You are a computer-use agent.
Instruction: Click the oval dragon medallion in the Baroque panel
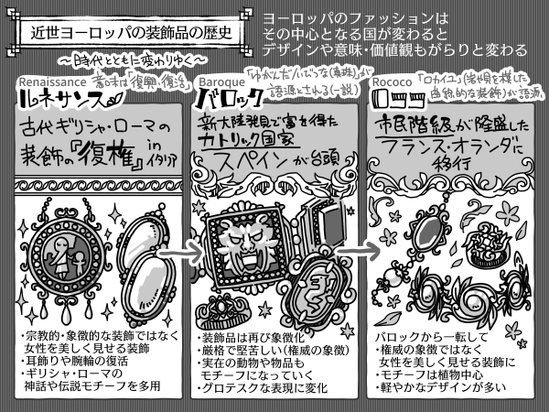316,291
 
